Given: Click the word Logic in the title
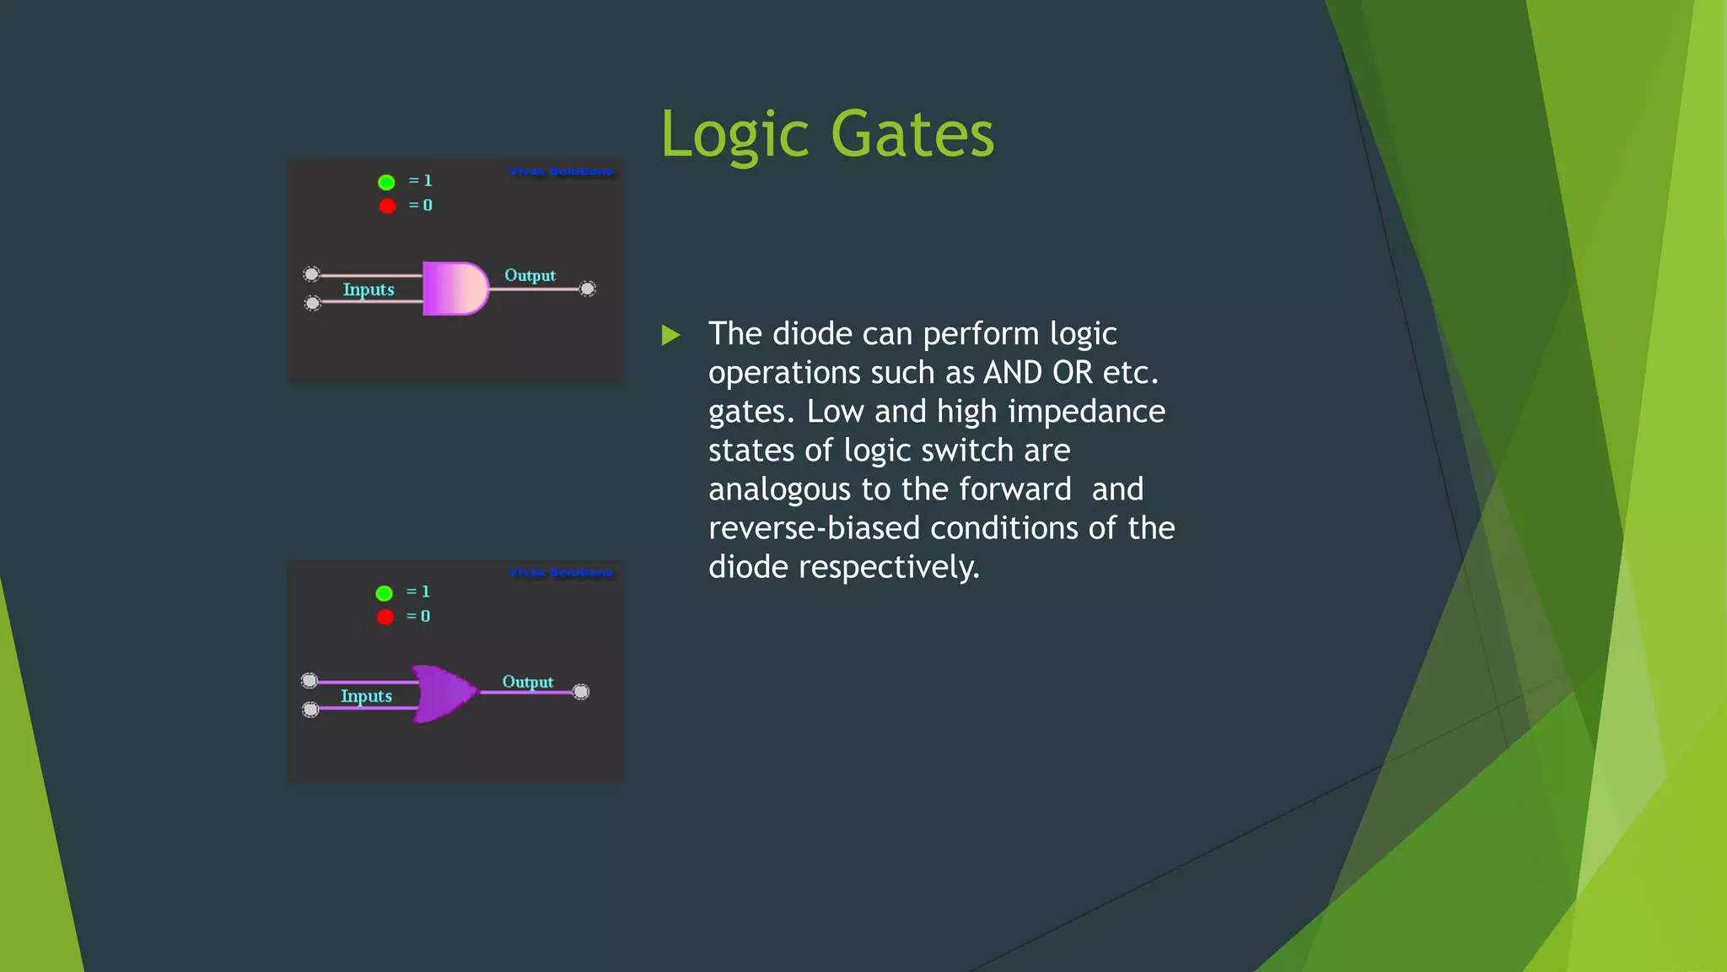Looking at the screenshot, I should click(735, 135).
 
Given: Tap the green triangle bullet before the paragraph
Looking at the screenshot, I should click(671, 336).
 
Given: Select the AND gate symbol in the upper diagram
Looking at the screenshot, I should click(455, 289).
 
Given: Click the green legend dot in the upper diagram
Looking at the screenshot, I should click(386, 182).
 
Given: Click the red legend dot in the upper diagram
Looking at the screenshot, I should click(387, 206).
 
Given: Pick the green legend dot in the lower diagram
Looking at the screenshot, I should click(384, 593).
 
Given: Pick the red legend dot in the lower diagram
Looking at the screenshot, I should click(385, 617).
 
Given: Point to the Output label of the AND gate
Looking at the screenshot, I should click(530, 276).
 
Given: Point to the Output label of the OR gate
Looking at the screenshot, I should click(527, 682).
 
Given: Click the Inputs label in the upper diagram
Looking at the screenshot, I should click(369, 289).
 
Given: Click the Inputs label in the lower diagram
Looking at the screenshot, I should click(366, 696).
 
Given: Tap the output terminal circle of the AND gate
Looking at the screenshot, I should click(588, 289).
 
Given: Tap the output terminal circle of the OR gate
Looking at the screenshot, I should click(581, 692).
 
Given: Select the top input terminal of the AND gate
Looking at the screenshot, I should click(311, 274).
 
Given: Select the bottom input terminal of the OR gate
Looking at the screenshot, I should click(310, 710).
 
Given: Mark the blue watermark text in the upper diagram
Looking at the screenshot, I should click(561, 172).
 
